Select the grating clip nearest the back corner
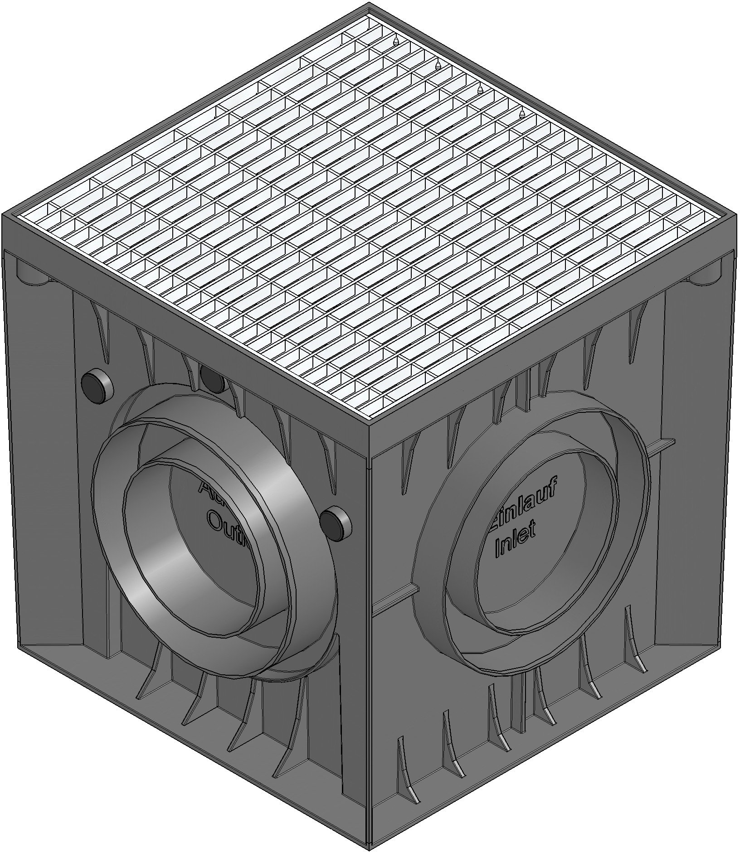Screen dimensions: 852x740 tap(396, 42)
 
